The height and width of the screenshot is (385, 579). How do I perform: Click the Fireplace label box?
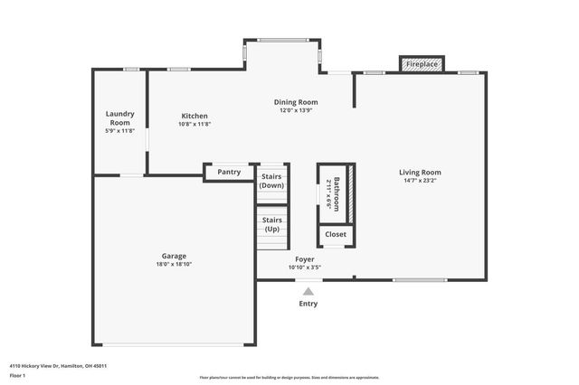[x=422, y=65]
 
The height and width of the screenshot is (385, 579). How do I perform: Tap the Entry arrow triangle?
[x=308, y=292]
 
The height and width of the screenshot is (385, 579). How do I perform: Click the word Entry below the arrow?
[x=308, y=304]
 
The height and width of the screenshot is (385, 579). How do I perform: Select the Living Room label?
[x=420, y=172]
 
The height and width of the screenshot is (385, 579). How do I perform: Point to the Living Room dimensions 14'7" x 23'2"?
[x=420, y=181]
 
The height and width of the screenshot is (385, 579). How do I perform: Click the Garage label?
[x=174, y=256]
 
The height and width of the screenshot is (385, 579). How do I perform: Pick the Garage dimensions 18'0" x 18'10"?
[x=174, y=265]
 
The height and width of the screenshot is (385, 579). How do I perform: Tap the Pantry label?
[x=229, y=172]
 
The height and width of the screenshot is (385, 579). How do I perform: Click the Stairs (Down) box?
[x=271, y=181]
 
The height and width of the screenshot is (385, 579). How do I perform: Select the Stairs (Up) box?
[x=271, y=224]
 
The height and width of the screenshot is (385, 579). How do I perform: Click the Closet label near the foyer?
[x=336, y=234]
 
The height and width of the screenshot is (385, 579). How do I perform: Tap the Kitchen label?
[x=195, y=116]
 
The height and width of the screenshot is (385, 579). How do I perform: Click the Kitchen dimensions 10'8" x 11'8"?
[x=195, y=125]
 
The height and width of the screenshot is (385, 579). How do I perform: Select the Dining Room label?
[x=296, y=101]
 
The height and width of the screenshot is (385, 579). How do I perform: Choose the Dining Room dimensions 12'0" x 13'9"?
[x=296, y=110]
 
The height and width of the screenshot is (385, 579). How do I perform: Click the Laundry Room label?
[x=119, y=117]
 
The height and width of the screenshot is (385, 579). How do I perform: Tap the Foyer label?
[x=305, y=258]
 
